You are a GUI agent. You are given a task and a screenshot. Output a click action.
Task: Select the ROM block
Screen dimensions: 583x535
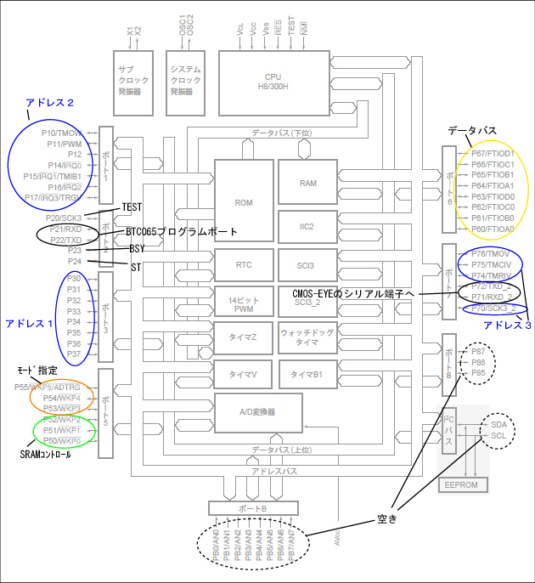(x=244, y=202)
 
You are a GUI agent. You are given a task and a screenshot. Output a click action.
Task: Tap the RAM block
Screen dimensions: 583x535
(x=307, y=183)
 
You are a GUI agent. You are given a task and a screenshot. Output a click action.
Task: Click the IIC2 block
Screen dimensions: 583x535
(x=307, y=226)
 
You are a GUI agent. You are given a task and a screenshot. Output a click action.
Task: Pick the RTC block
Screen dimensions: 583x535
(x=244, y=265)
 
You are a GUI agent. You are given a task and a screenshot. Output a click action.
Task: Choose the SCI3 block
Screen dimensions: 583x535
(x=307, y=265)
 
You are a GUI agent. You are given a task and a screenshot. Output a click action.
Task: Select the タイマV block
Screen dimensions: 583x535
(x=244, y=374)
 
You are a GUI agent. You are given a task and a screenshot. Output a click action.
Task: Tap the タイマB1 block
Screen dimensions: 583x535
(x=307, y=374)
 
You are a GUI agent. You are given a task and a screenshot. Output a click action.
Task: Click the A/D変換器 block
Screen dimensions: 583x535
(x=259, y=411)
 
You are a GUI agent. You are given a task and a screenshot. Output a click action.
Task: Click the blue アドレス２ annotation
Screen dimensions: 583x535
(x=49, y=103)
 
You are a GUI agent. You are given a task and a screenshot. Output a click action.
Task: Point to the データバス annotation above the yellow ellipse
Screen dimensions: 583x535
(x=472, y=130)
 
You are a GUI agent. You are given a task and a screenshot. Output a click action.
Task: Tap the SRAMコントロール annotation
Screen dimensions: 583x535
(x=45, y=455)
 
